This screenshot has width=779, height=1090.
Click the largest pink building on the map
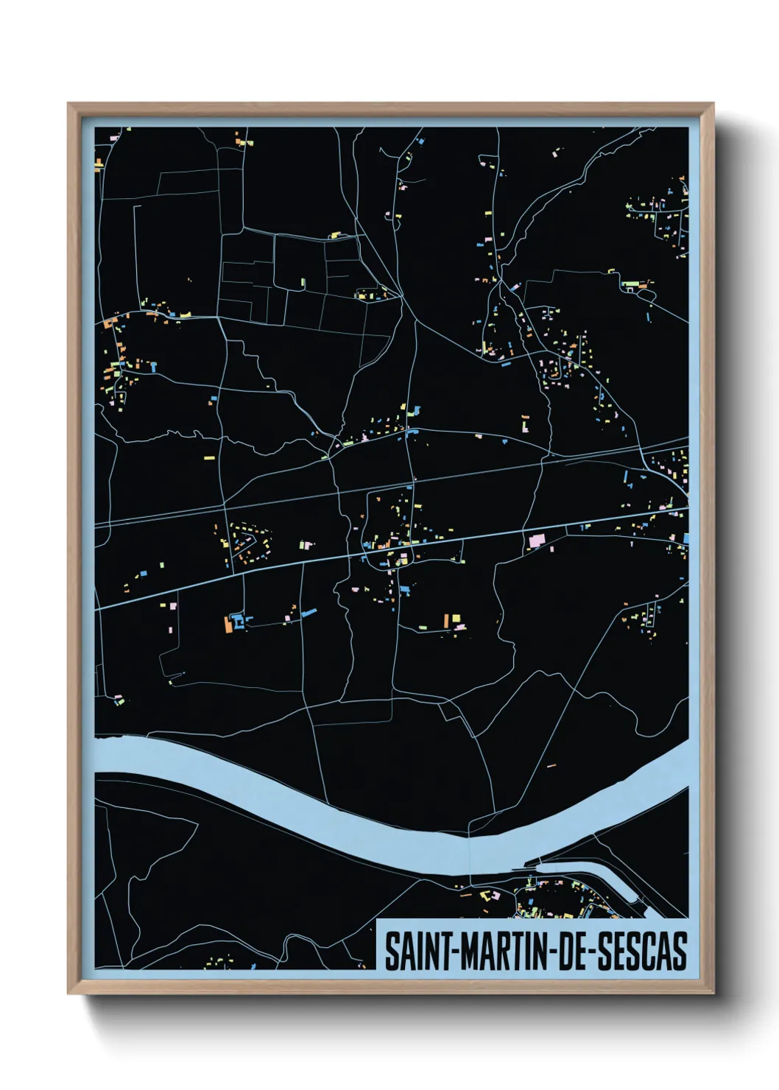click(x=535, y=541)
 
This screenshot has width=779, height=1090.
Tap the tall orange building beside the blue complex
click(x=228, y=625)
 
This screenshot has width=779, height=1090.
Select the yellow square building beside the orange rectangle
click(x=456, y=618)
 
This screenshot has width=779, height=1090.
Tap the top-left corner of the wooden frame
click(x=68, y=104)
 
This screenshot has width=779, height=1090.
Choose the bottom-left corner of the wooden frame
click(x=68, y=994)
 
